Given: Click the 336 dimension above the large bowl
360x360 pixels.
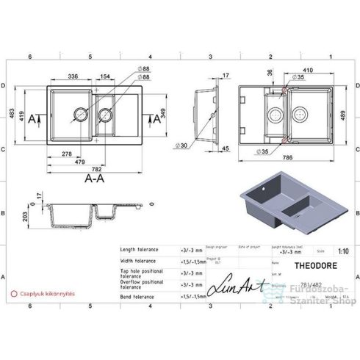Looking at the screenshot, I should (73, 76).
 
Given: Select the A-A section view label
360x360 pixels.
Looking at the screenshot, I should (93, 179).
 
